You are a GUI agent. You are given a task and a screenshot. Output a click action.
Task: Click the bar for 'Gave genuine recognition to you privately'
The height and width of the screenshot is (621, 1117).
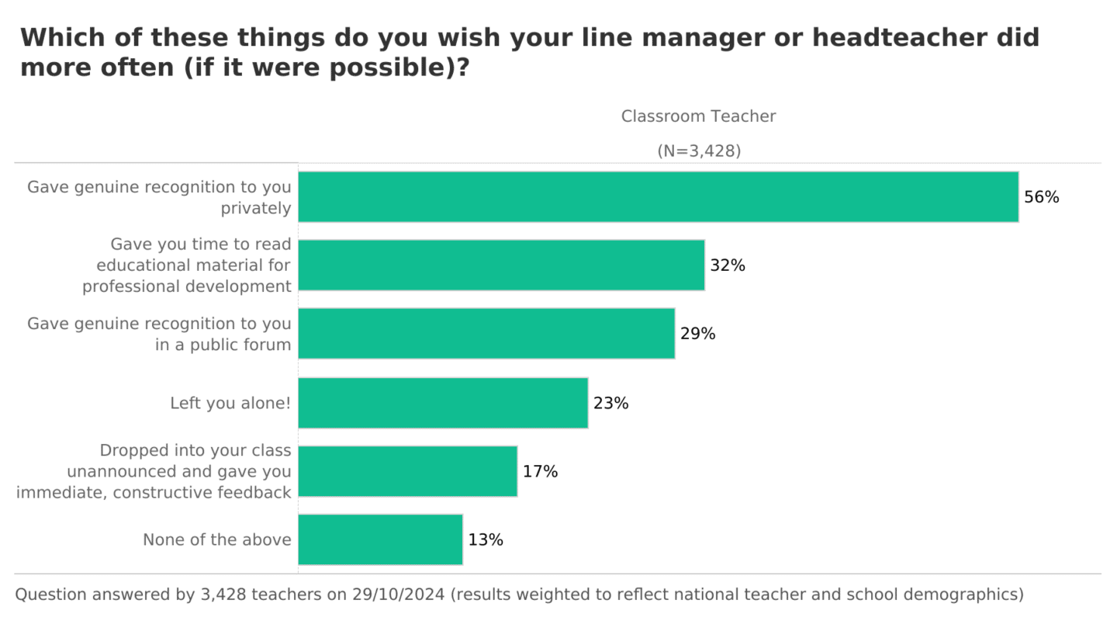(658, 197)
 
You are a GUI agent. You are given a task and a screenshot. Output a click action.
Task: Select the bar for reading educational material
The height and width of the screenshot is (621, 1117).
(501, 265)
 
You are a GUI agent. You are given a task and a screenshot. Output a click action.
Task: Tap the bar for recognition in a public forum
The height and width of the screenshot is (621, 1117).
(486, 334)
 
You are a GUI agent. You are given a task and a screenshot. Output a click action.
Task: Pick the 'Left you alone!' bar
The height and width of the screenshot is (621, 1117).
(443, 403)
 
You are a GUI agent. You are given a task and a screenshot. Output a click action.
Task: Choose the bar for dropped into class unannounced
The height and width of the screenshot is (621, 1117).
(407, 471)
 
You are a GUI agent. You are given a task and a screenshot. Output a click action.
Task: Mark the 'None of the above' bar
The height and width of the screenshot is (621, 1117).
(380, 539)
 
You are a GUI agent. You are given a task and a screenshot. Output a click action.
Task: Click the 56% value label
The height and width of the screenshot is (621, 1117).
(1041, 197)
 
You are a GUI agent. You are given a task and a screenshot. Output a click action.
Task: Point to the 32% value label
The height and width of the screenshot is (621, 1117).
(728, 265)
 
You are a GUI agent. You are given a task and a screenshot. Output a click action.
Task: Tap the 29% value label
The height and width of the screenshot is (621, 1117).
(697, 334)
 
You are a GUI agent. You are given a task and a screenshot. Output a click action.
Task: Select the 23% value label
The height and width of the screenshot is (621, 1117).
(610, 404)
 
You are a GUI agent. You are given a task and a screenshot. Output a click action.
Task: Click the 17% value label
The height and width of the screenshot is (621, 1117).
(540, 471)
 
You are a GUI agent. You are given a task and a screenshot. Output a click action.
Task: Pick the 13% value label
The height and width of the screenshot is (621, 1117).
(486, 539)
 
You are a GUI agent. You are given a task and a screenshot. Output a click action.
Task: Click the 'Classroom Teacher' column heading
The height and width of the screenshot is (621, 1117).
(698, 116)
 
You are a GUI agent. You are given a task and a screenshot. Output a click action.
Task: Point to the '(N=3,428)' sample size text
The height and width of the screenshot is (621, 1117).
(698, 151)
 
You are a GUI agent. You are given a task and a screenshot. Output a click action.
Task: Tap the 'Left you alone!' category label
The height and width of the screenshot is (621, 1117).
(230, 404)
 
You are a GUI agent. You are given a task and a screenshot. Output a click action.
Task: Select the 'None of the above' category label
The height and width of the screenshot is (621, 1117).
(217, 539)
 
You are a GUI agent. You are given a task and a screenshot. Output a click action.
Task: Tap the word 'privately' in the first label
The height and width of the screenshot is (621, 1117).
(256, 208)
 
